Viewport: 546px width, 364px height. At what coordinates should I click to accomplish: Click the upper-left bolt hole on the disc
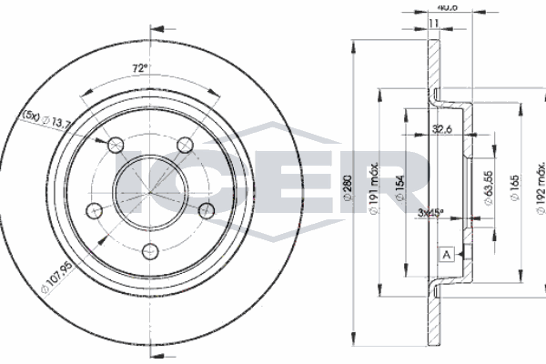(x=116, y=145)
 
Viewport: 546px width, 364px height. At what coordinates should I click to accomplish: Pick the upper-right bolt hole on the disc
(x=185, y=145)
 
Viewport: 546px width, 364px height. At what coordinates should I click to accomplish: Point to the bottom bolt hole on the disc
(x=150, y=251)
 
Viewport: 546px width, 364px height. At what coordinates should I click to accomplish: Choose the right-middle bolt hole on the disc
(x=207, y=210)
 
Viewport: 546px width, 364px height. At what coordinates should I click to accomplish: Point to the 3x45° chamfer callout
(x=431, y=214)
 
